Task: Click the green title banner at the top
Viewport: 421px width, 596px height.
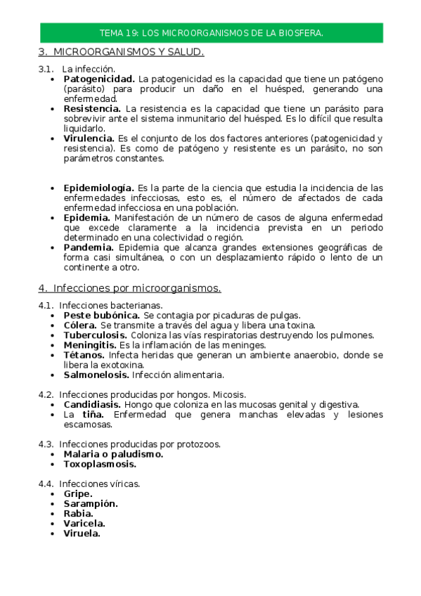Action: click(211, 33)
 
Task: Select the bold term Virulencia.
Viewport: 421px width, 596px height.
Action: click(89, 138)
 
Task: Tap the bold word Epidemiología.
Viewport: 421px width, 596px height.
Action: click(98, 188)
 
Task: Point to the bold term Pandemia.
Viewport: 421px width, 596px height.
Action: click(89, 247)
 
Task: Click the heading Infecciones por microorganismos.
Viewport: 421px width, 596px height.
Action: click(136, 288)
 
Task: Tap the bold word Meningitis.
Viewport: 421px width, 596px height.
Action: click(89, 345)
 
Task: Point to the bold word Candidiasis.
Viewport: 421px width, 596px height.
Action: click(92, 405)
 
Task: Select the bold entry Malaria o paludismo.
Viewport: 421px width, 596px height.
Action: click(113, 454)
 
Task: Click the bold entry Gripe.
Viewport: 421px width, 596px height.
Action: click(78, 494)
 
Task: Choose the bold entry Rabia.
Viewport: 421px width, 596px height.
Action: click(78, 514)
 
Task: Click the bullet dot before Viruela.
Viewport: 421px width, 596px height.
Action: click(54, 533)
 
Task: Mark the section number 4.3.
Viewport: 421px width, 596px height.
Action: click(46, 444)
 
